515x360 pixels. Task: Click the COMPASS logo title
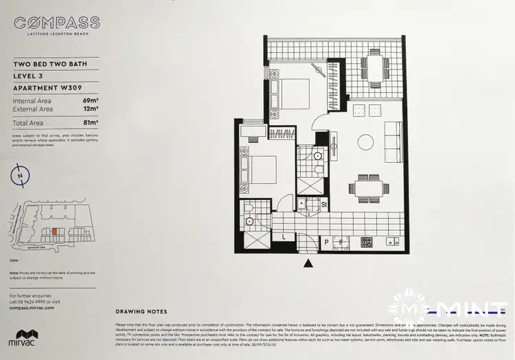click(x=56, y=23)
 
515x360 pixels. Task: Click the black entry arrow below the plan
click(x=308, y=262)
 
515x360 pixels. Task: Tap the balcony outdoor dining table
click(x=374, y=69)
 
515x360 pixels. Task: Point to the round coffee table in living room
click(x=365, y=142)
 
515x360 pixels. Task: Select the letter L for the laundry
click(x=284, y=236)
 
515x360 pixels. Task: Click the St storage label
click(x=323, y=204)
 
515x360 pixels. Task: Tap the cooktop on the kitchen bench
click(x=367, y=241)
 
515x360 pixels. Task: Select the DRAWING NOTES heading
click(x=141, y=311)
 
